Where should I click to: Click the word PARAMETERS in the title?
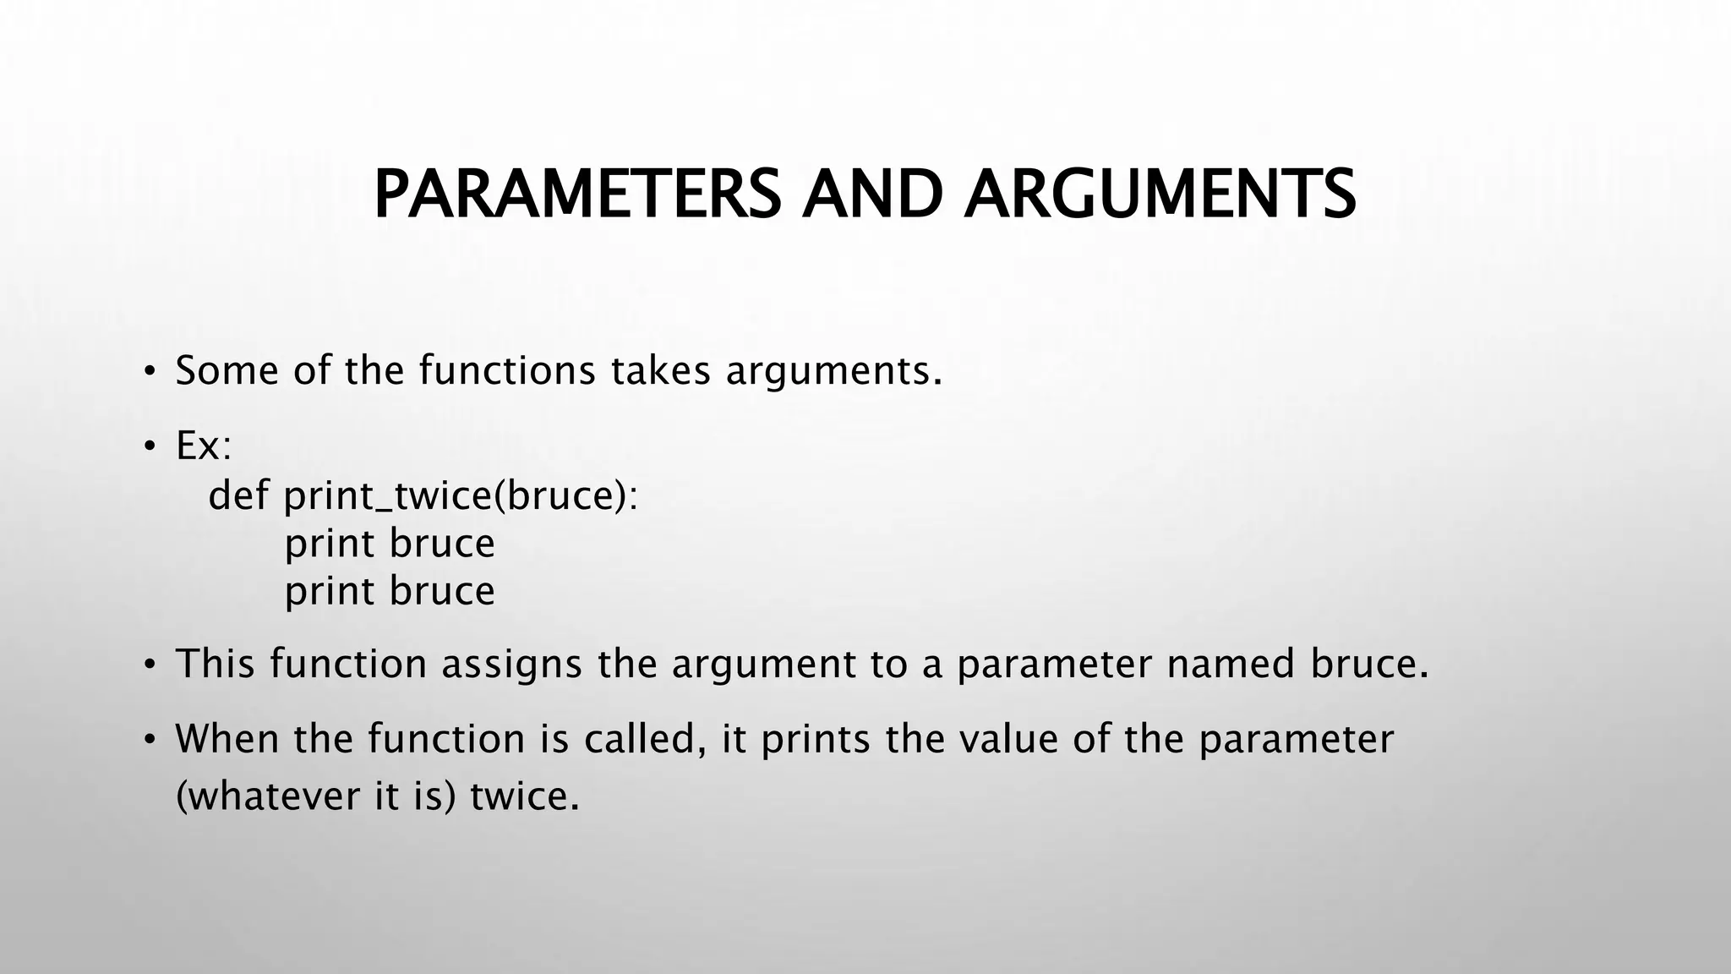[x=576, y=194]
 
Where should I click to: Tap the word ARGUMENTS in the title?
[x=1160, y=194]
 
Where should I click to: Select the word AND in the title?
[x=872, y=194]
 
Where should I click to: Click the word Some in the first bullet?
[x=227, y=370]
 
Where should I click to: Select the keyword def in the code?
[x=238, y=495]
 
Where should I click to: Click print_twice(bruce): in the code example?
[x=461, y=496]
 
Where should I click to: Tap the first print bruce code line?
[x=389, y=544]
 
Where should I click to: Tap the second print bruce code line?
[x=389, y=591]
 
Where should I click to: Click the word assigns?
[x=511, y=665]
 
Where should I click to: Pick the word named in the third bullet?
[x=1231, y=664]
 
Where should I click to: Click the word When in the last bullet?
[x=227, y=739]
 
